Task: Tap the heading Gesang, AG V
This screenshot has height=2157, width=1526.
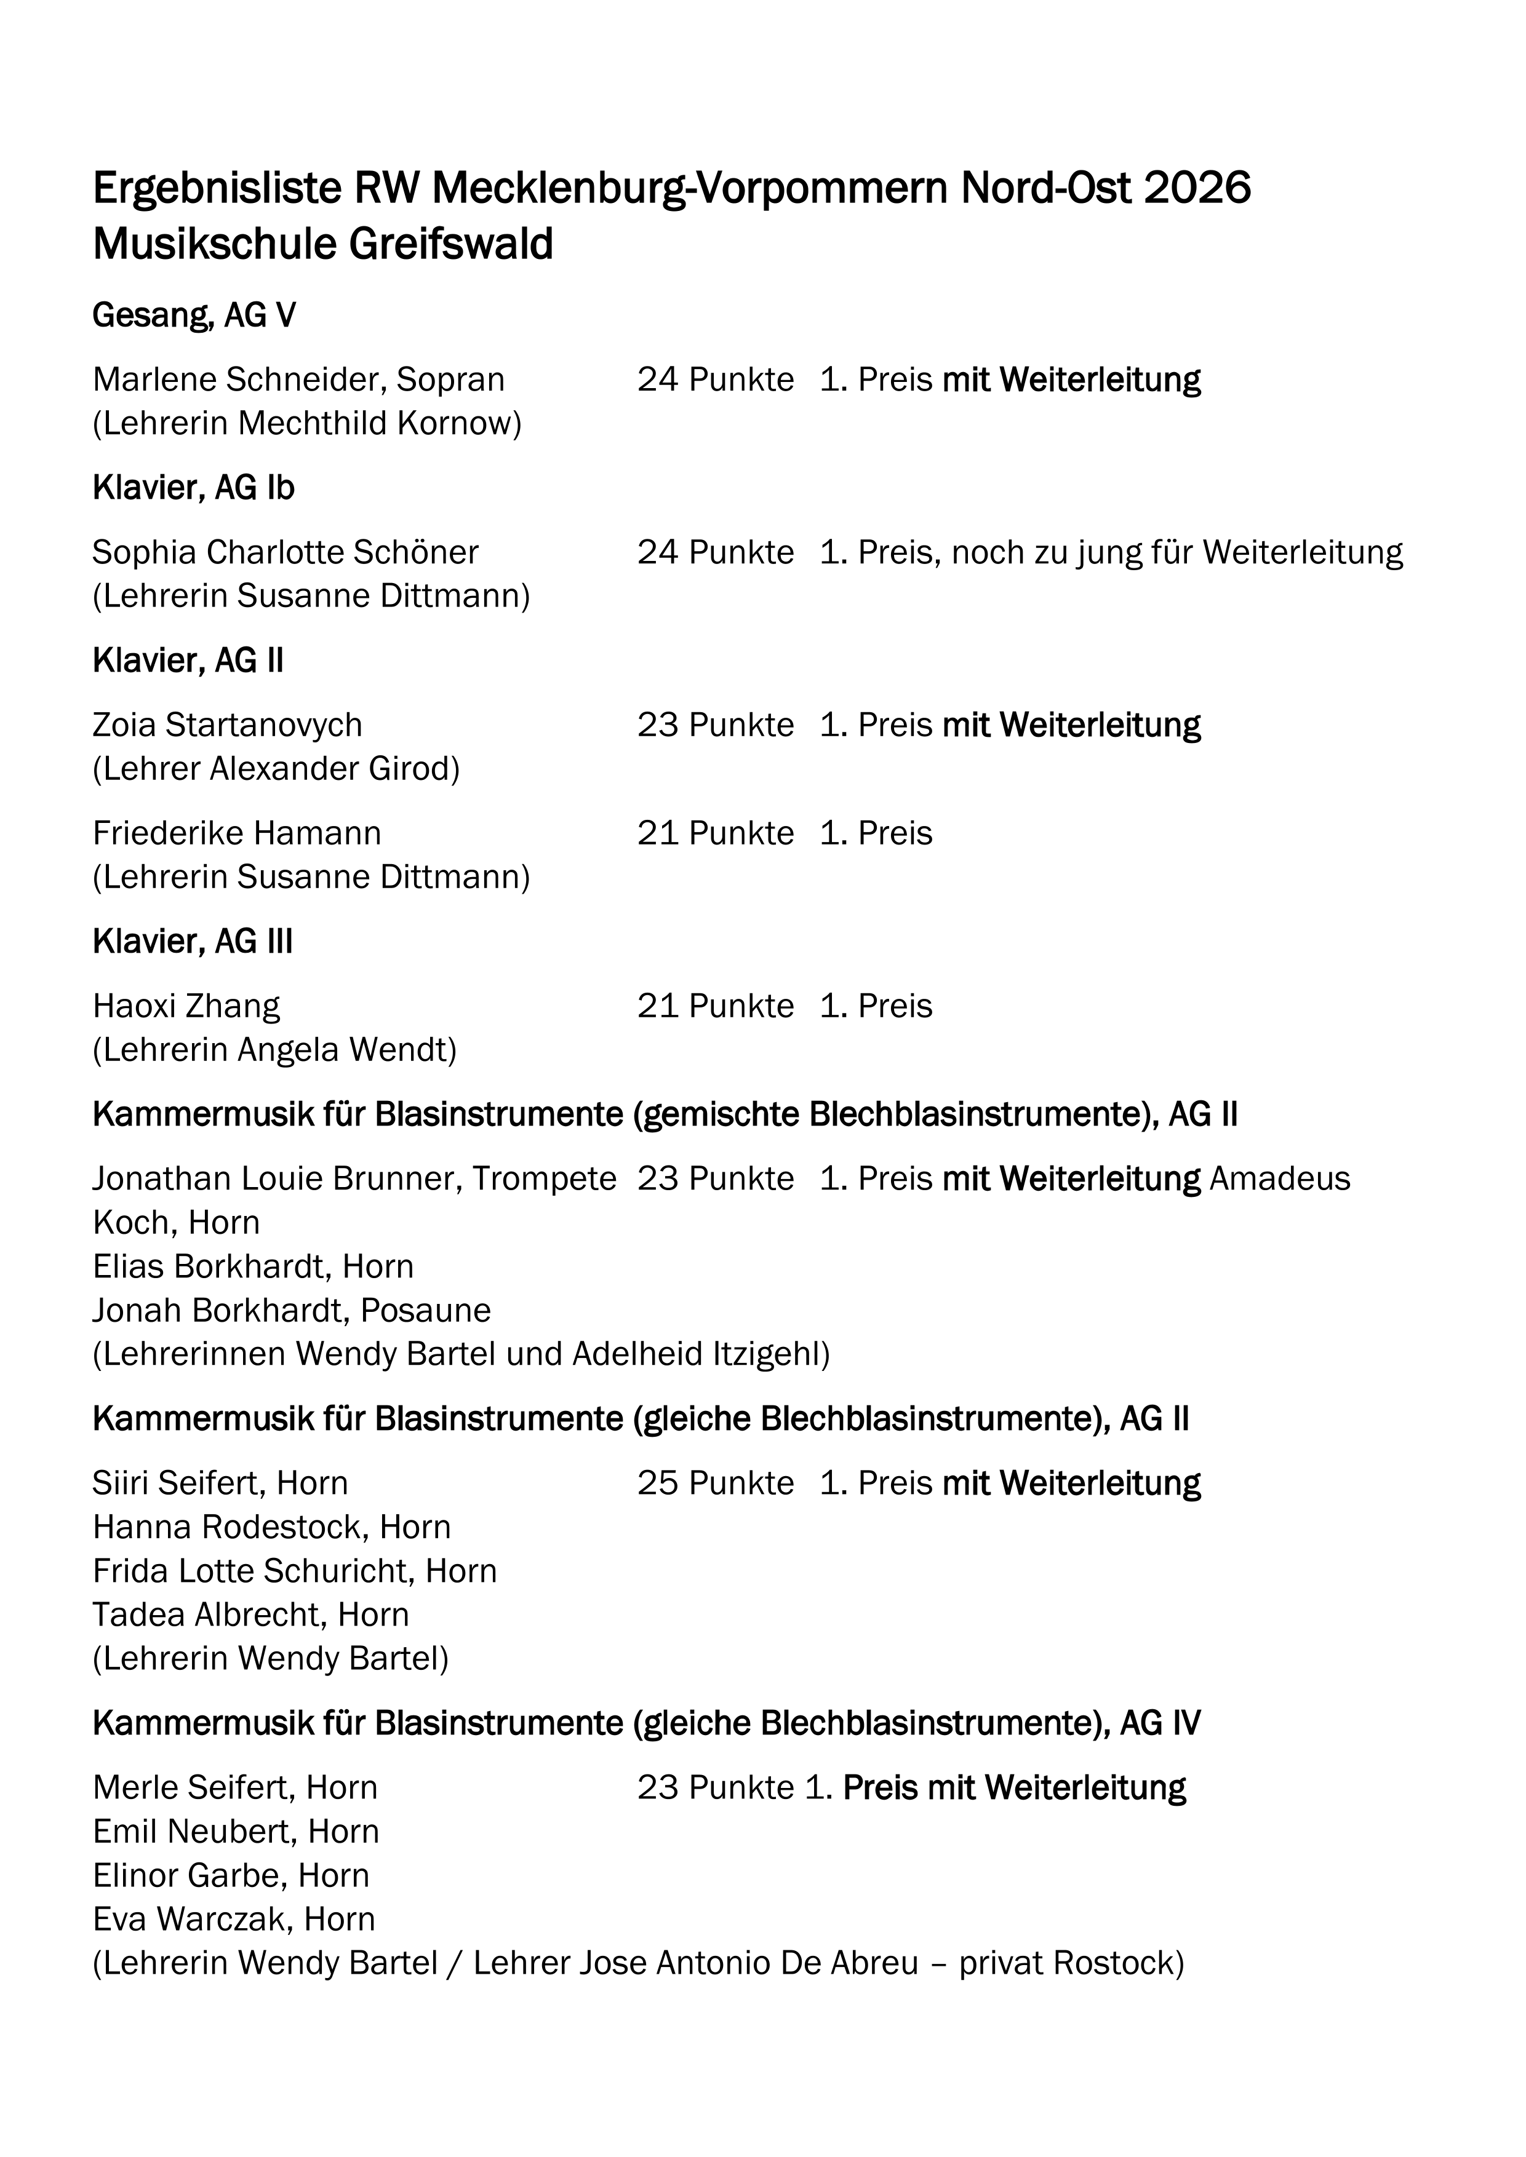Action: click(194, 316)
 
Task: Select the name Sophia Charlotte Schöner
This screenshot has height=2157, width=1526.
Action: click(286, 552)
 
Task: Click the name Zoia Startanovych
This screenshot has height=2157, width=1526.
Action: click(228, 725)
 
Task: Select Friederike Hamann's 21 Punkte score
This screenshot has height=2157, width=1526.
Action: click(715, 833)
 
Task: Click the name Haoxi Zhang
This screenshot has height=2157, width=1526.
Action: click(186, 1006)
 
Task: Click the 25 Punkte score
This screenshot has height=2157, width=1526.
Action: click(715, 1484)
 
